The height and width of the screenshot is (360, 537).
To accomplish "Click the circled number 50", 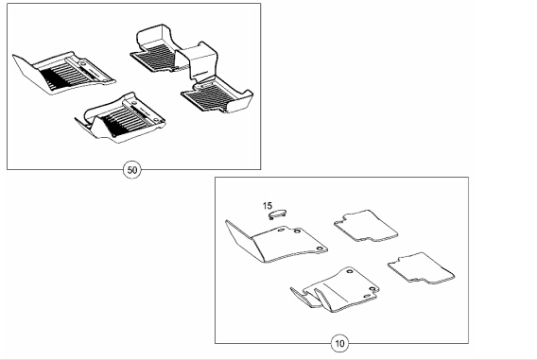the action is pyautogui.click(x=132, y=170).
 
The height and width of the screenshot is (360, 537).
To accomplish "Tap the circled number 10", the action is pyautogui.click(x=339, y=343).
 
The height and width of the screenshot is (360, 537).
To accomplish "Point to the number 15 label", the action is pyautogui.click(x=268, y=206).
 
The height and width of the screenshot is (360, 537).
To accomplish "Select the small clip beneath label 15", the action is pyautogui.click(x=277, y=214).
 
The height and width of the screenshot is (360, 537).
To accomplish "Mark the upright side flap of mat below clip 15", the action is pyautogui.click(x=239, y=240).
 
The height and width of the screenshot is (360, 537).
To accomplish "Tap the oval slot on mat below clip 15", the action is pyautogui.click(x=281, y=230).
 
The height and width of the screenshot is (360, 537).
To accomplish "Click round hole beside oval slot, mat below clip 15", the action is pyautogui.click(x=297, y=231).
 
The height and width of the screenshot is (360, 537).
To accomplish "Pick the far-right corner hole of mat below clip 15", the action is pyautogui.click(x=320, y=249).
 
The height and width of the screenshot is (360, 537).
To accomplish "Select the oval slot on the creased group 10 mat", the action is pyautogui.click(x=367, y=296).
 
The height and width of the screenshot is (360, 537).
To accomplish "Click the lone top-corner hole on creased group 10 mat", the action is pyautogui.click(x=350, y=271).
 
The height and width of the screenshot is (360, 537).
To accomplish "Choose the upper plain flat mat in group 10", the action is pyautogui.click(x=366, y=226).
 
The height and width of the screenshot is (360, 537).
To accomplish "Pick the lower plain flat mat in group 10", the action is pyautogui.click(x=422, y=268).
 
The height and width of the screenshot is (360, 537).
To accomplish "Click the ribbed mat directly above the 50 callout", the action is pyautogui.click(x=121, y=117).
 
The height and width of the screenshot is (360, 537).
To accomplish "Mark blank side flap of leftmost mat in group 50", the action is pyautogui.click(x=28, y=72).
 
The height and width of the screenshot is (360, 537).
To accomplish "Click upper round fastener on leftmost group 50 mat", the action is pyautogui.click(x=83, y=63).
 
